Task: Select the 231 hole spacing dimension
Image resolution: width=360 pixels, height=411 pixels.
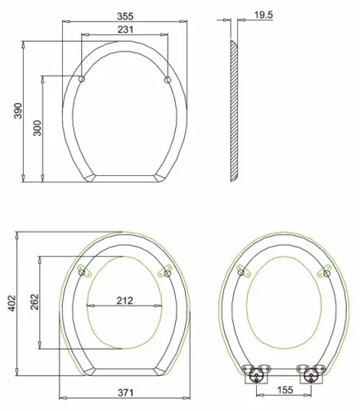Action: pos(124,30)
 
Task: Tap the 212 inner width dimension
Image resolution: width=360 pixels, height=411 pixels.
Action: pos(124,300)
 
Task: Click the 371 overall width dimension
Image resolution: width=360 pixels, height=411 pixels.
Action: pos(124,394)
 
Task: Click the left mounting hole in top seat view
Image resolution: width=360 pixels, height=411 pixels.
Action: pos(83,79)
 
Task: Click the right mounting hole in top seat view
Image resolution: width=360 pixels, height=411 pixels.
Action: pos(167,79)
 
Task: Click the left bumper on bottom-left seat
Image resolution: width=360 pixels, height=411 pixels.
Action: pos(83,272)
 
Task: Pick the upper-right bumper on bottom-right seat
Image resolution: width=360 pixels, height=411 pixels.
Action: pos(326,272)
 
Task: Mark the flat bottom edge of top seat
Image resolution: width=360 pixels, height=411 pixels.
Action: pos(124,176)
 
